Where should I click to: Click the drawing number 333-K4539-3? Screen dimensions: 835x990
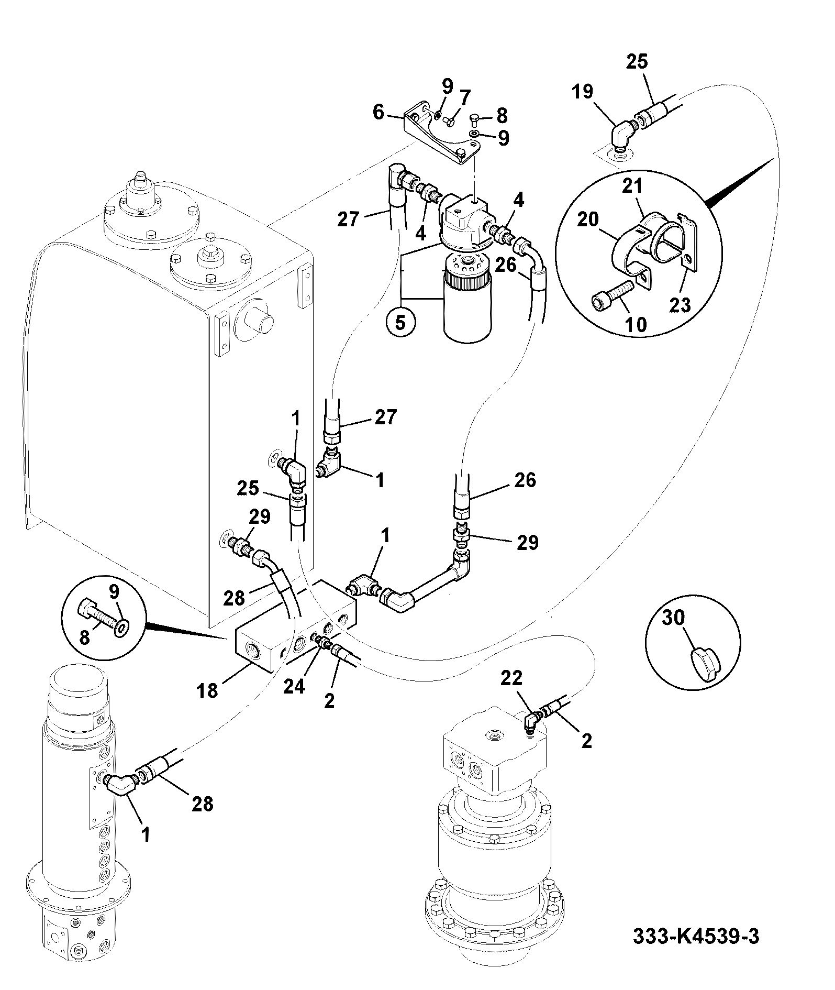coord(696,936)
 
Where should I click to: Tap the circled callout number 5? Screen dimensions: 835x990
coord(400,322)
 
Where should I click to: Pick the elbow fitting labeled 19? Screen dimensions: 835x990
coord(622,135)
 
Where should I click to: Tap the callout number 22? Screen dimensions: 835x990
coord(511,678)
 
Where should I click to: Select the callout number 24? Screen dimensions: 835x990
coord(294,686)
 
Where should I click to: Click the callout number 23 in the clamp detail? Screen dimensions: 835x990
coord(681,304)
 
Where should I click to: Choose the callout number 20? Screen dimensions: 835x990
coord(587,219)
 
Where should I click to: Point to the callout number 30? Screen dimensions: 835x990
coord(673,618)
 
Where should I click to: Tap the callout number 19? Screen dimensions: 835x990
coord(583,92)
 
